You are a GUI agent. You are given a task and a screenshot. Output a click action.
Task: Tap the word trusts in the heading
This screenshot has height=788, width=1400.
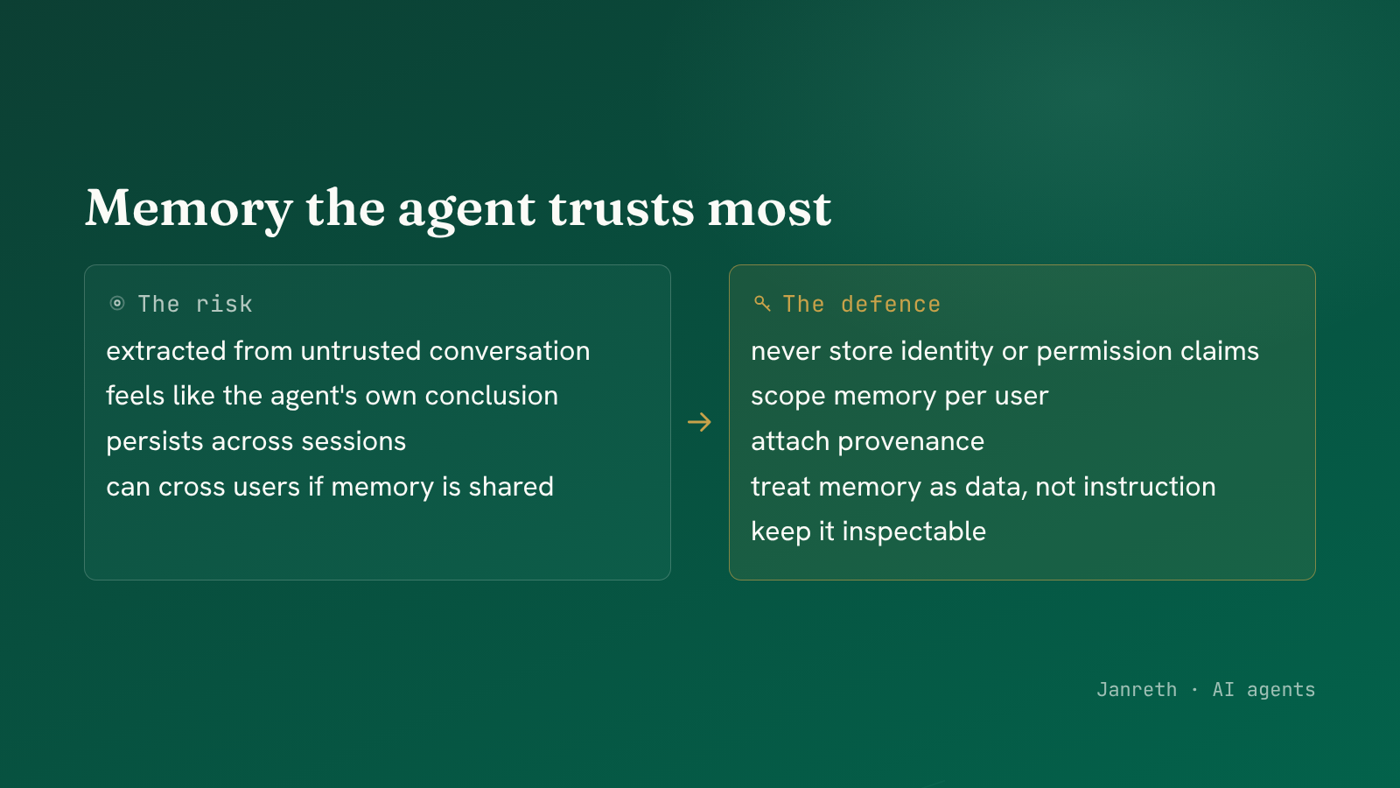tap(621, 208)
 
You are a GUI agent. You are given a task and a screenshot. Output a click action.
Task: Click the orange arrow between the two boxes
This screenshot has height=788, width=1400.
tap(699, 422)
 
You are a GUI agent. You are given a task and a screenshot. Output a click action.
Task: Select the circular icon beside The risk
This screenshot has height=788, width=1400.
tap(117, 304)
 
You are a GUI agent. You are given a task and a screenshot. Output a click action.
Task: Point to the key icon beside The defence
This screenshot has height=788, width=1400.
tap(762, 304)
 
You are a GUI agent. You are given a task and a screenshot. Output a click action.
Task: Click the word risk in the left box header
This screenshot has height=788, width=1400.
tap(224, 305)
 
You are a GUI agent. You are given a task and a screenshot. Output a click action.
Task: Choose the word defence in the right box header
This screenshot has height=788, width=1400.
tap(891, 305)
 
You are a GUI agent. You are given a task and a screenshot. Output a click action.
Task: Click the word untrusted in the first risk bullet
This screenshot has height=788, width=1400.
tap(360, 351)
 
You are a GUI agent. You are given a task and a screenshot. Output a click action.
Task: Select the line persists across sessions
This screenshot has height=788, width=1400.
tap(256, 441)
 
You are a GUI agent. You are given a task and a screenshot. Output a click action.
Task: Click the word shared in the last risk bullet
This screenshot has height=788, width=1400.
tap(511, 487)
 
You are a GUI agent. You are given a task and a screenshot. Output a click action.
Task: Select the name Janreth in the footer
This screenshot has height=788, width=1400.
tap(1137, 689)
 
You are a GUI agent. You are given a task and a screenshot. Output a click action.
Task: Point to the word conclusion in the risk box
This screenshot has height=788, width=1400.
tap(491, 396)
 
